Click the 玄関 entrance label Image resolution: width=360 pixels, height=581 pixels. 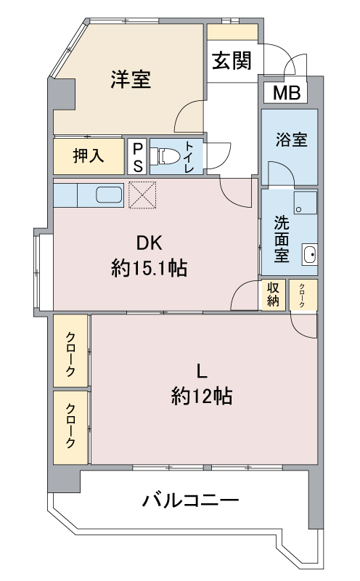(x=232, y=60)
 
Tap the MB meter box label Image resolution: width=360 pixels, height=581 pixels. (x=286, y=93)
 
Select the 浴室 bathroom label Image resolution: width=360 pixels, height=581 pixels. (x=291, y=139)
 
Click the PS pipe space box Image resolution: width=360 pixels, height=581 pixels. (x=137, y=156)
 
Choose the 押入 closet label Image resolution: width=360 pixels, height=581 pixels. (x=89, y=155)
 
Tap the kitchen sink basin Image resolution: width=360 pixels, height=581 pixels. (x=109, y=195)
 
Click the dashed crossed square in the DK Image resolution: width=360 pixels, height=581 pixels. (x=142, y=195)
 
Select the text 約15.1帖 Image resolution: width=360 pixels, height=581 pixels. (x=149, y=268)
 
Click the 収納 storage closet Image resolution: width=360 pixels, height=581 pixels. (x=274, y=295)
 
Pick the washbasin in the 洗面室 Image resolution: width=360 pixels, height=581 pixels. (x=310, y=254)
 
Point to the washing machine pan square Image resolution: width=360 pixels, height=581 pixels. (x=306, y=203)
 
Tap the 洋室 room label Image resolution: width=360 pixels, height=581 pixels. (x=131, y=79)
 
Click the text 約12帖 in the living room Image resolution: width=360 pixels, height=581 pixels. (x=202, y=396)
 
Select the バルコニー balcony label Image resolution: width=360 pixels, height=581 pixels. (x=191, y=501)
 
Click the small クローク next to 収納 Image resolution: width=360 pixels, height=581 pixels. (x=303, y=295)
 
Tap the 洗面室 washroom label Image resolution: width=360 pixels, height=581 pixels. (x=282, y=239)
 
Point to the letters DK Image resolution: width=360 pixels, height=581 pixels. (x=150, y=243)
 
